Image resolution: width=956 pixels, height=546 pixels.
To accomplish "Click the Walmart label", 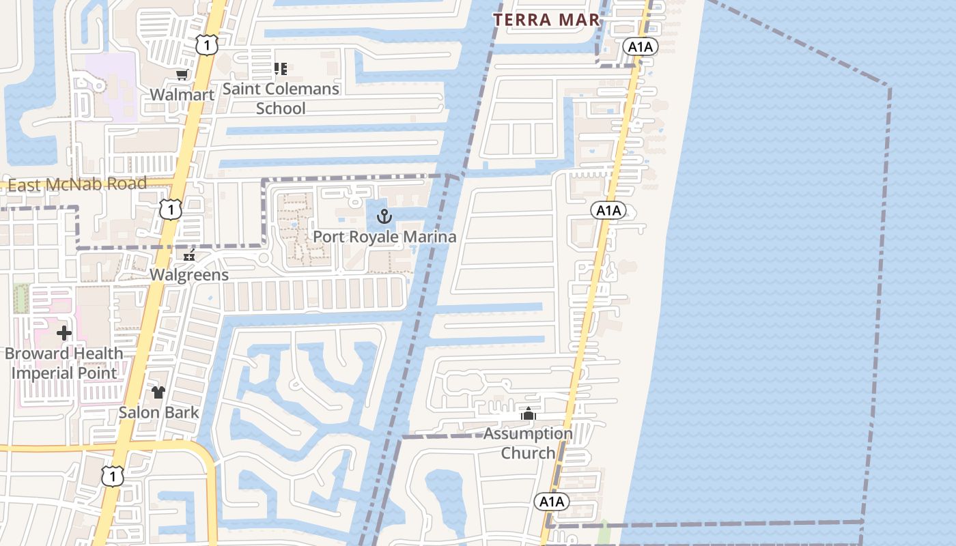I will pos(182,95).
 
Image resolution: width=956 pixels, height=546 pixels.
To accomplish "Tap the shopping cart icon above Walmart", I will pos(182,75).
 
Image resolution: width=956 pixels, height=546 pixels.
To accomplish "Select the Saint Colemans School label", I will pos(281,98).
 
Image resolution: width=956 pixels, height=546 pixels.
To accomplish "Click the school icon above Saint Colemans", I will pos(280,69).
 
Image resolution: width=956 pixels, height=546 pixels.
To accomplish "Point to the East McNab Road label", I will pos(77,184).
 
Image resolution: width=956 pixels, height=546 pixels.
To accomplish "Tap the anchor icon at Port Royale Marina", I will pos(384,217).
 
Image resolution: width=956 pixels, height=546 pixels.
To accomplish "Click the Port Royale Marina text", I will pos(384,237).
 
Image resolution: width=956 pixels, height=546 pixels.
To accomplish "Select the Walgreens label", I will pos(189,275).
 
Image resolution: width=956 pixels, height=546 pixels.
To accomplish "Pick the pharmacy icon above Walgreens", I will pos(189,255).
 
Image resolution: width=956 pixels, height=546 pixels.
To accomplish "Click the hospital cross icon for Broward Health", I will pos(64,333).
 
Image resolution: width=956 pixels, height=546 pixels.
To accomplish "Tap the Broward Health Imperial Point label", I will pos(64,363).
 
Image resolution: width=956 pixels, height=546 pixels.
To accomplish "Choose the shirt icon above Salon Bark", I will pos(158,392).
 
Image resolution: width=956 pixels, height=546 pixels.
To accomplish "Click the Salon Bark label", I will pos(158,412).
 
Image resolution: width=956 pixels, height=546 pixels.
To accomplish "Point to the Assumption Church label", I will pos(529,443).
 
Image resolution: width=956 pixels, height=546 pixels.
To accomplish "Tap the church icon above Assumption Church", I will pos(528,414).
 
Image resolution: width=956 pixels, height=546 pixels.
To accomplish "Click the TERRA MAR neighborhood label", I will pos(546,20).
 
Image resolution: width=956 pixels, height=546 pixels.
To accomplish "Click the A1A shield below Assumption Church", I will pos(551,502).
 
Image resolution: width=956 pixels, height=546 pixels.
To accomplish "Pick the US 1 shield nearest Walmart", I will pos(206,45).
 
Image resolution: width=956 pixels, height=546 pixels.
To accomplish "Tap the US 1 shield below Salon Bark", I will pos(113,476).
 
